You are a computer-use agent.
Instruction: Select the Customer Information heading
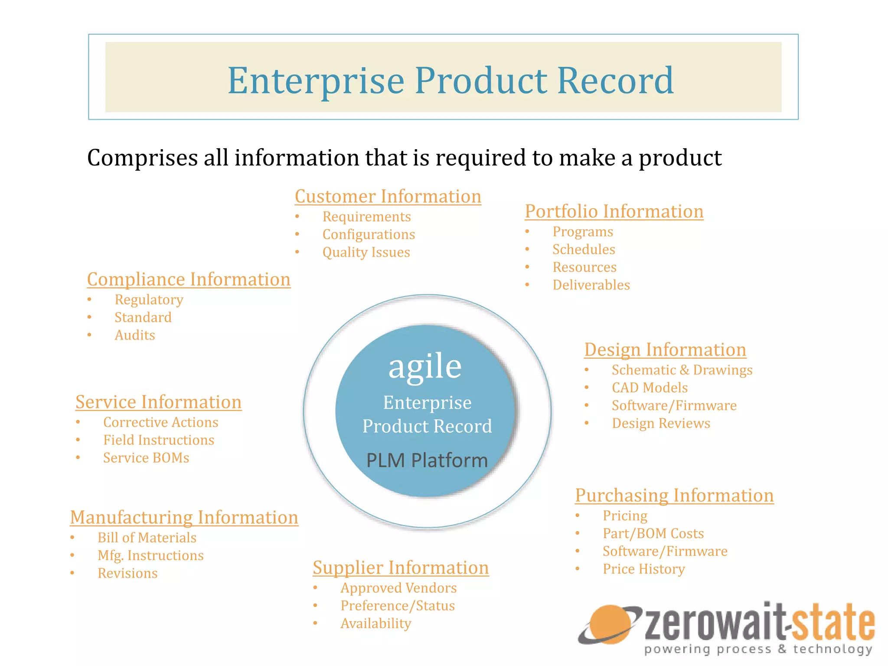pyautogui.click(x=388, y=196)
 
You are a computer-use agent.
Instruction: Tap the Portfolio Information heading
pyautogui.click(x=614, y=212)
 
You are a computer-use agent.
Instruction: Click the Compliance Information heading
pyautogui.click(x=189, y=280)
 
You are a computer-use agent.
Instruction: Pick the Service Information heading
pyautogui.click(x=158, y=402)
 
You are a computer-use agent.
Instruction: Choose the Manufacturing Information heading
pyautogui.click(x=184, y=518)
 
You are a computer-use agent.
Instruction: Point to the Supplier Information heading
pyautogui.click(x=401, y=568)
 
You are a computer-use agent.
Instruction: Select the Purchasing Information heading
pyautogui.click(x=674, y=496)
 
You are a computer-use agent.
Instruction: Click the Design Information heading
pyautogui.click(x=665, y=350)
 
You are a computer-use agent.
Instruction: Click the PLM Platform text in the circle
pyautogui.click(x=427, y=460)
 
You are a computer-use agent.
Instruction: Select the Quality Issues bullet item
pyautogui.click(x=366, y=252)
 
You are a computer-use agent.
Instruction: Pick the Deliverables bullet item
pyautogui.click(x=591, y=285)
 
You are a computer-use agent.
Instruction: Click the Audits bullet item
pyautogui.click(x=135, y=336)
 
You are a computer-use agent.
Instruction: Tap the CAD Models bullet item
pyautogui.click(x=650, y=388)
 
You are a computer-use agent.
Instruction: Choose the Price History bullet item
pyautogui.click(x=643, y=569)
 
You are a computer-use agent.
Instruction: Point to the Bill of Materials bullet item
pyautogui.click(x=147, y=538)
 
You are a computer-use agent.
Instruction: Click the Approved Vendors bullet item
pyautogui.click(x=398, y=588)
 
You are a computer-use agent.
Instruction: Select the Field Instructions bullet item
pyautogui.click(x=159, y=441)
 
